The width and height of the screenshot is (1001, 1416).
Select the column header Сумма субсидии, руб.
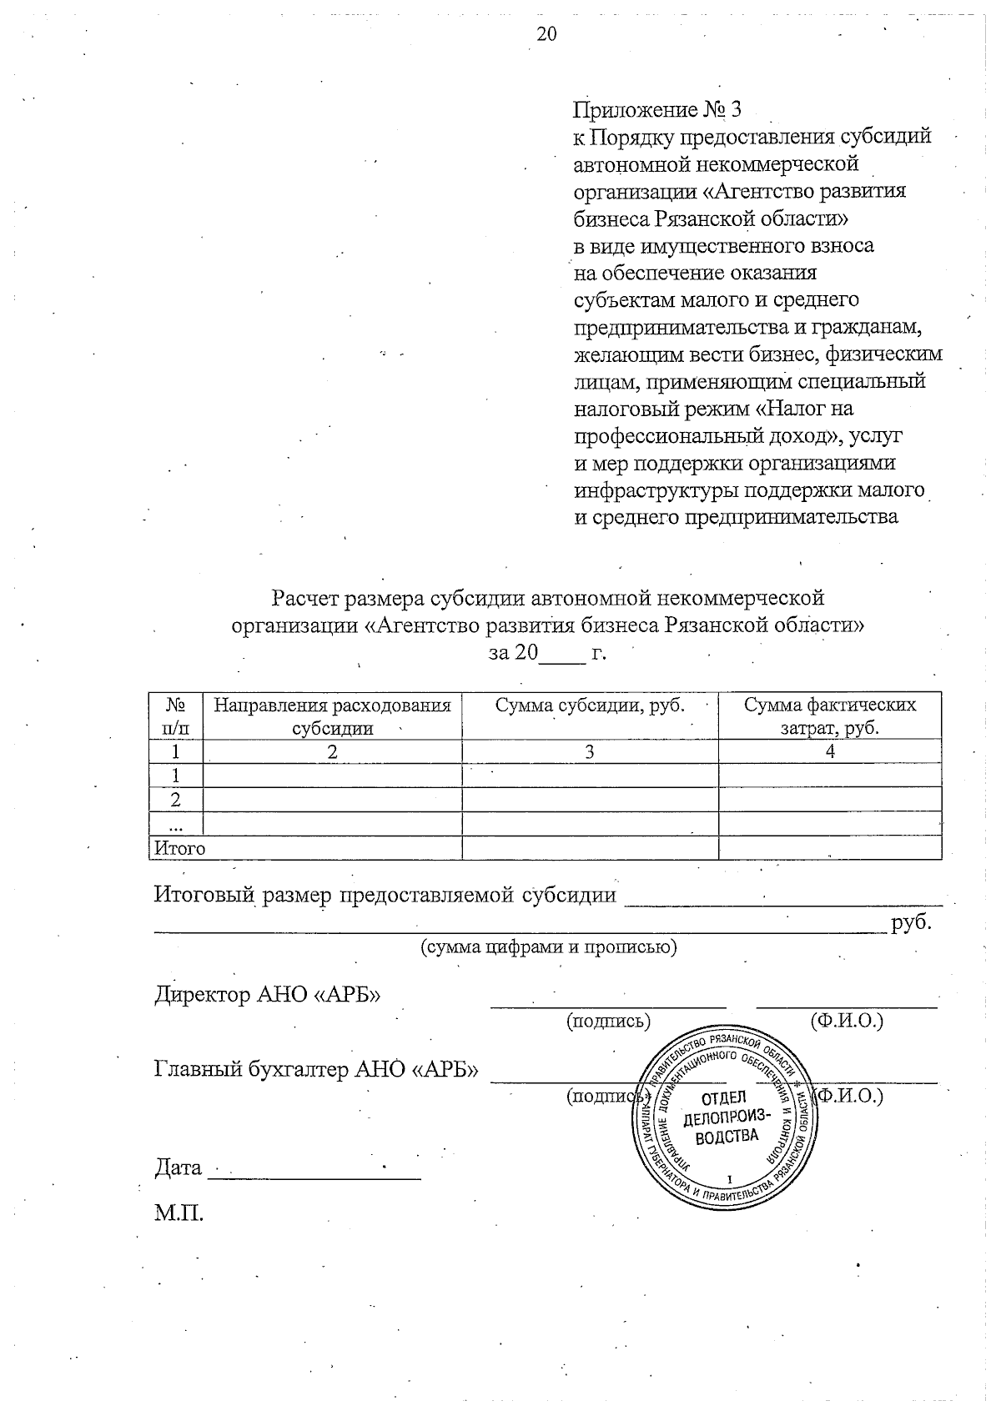coord(589,705)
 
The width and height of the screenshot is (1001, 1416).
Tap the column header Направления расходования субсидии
coord(332,716)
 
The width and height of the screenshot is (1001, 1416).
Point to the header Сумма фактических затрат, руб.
coord(829,716)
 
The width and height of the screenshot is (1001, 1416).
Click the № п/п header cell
coord(175,716)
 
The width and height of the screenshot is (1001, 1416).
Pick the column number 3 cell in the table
coord(589,752)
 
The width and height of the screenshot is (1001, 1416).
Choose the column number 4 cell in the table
coord(829,752)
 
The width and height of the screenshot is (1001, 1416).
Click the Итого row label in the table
coord(178,848)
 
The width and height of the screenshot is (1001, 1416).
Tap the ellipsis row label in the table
coord(175,825)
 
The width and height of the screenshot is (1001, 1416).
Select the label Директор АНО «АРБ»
coord(267,995)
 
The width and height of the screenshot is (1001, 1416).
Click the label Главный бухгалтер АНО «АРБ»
coord(316,1069)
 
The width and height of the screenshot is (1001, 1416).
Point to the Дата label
coord(178,1167)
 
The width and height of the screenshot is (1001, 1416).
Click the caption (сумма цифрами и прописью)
coord(547,947)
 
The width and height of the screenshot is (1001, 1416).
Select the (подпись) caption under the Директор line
coord(608,1021)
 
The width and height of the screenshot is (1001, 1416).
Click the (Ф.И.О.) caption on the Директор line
coord(846,1021)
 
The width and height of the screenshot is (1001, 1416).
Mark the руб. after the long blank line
coord(911,924)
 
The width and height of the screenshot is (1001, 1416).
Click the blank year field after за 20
coord(563,653)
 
